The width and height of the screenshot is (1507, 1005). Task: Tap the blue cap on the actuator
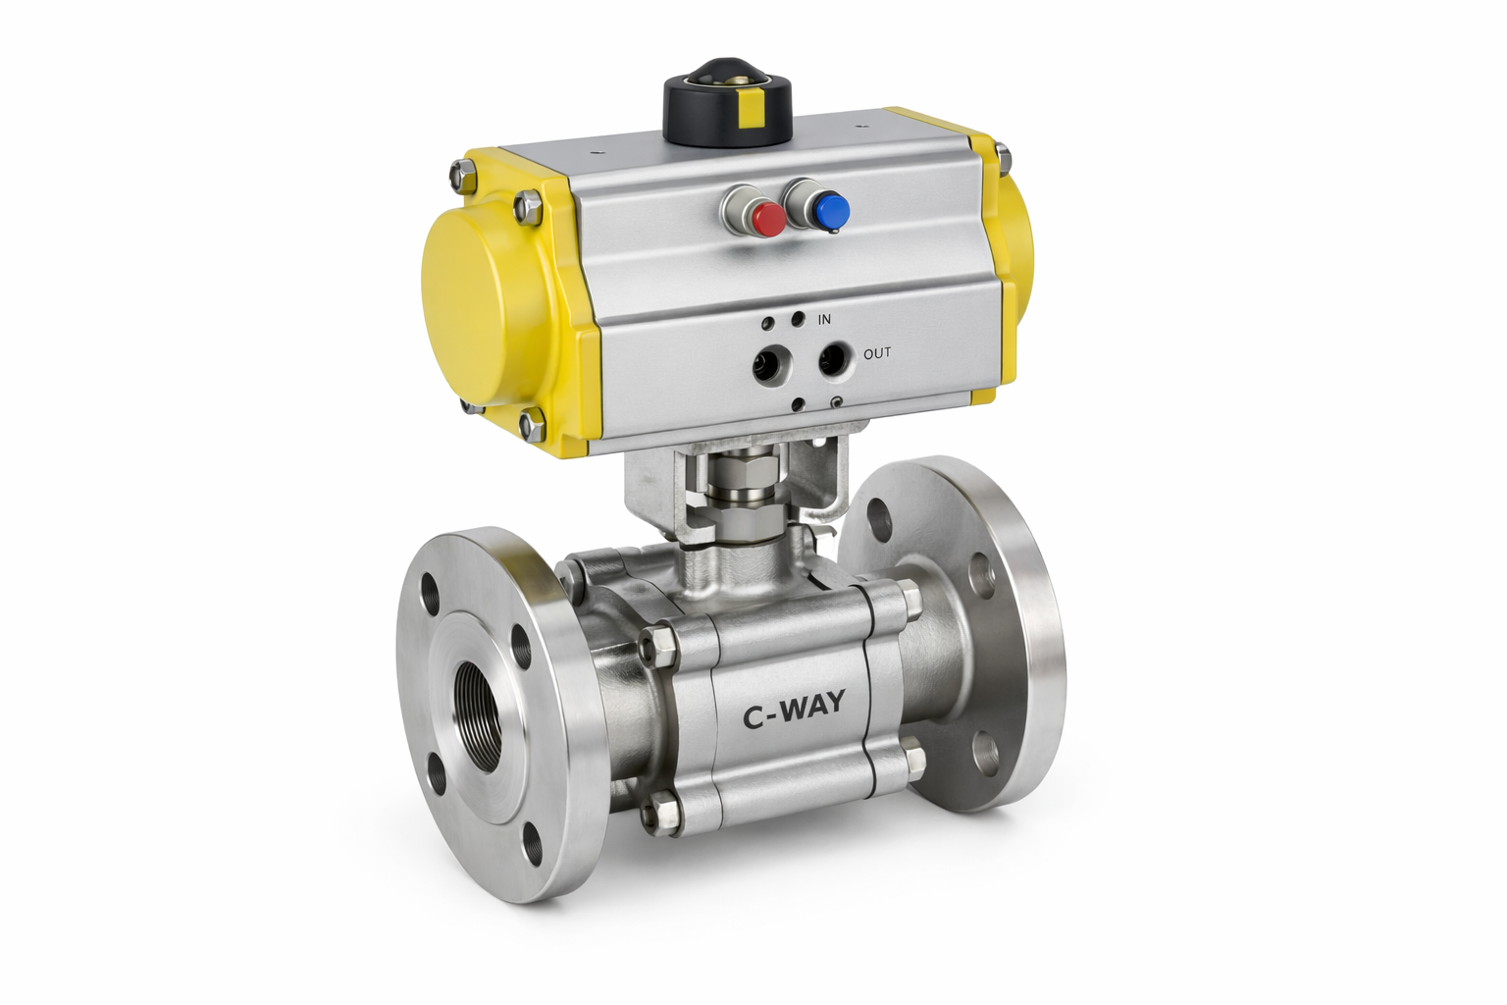(831, 209)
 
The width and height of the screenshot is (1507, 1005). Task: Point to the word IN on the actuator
(825, 319)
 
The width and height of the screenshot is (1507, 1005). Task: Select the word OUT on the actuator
(877, 352)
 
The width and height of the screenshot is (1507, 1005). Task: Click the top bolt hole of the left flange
(432, 595)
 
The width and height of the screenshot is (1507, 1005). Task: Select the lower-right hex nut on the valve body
(913, 761)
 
